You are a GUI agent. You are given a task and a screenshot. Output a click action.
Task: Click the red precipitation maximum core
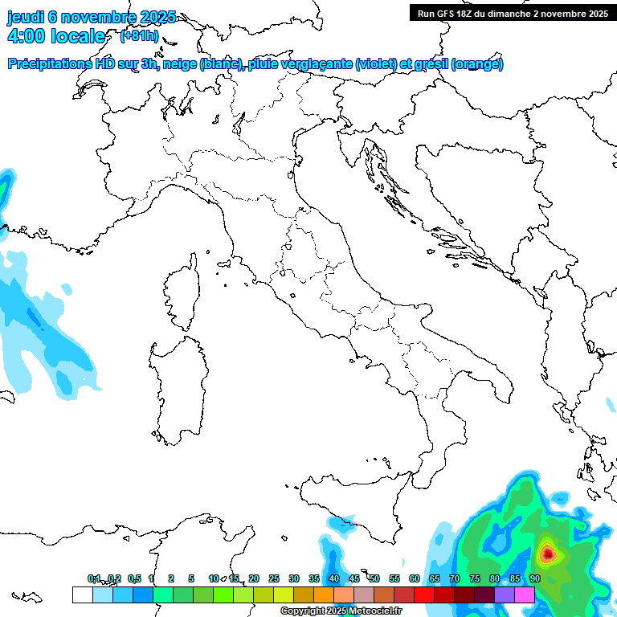(x=548, y=553)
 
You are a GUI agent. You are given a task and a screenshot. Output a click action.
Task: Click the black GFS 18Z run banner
(x=511, y=13)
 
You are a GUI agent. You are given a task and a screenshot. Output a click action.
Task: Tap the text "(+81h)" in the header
(x=139, y=36)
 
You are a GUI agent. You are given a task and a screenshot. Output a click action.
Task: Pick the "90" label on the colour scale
(x=534, y=578)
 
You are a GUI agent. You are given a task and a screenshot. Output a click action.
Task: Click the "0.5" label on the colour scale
(x=134, y=578)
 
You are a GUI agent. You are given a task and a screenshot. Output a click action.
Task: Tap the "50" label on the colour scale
(x=374, y=578)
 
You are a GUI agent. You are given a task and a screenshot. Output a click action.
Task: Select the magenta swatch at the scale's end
(x=525, y=595)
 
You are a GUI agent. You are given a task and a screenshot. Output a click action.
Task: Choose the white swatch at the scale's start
(x=82, y=595)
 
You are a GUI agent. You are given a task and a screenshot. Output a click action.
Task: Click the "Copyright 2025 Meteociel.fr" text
(x=341, y=611)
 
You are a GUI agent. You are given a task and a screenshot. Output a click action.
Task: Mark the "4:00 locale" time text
(x=55, y=36)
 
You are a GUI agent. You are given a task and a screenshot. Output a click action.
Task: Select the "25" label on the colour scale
(x=273, y=578)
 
